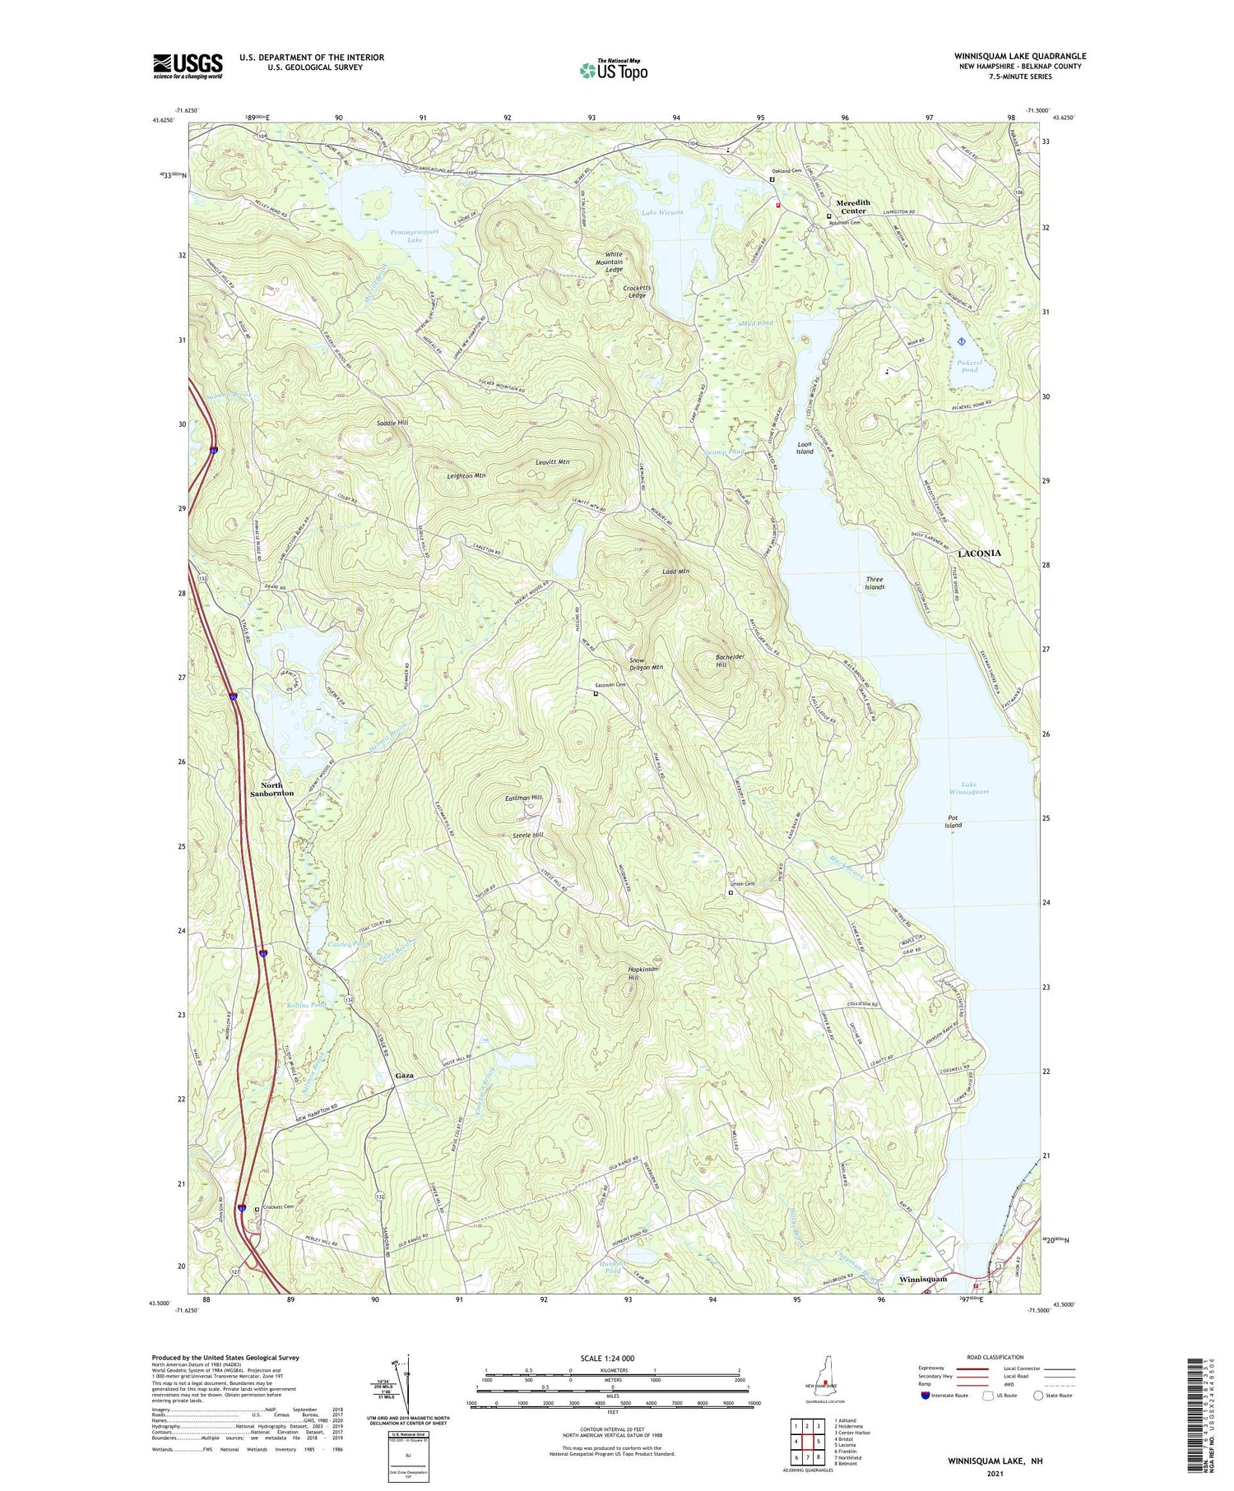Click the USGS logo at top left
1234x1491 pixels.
click(x=188, y=66)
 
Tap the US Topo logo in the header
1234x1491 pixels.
click(x=614, y=71)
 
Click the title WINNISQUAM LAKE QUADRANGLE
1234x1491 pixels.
click(x=1020, y=56)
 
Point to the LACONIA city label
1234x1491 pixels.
click(x=979, y=553)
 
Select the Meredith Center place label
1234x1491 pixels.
click(x=853, y=207)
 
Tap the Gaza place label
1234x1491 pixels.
click(x=404, y=1076)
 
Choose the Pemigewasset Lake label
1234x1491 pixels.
click(x=415, y=236)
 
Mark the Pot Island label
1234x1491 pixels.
click(x=953, y=822)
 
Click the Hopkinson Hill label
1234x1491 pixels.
click(x=643, y=973)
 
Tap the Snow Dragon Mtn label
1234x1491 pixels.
click(x=646, y=664)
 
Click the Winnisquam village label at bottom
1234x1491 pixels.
click(x=922, y=1279)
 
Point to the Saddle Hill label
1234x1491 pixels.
click(x=392, y=422)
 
